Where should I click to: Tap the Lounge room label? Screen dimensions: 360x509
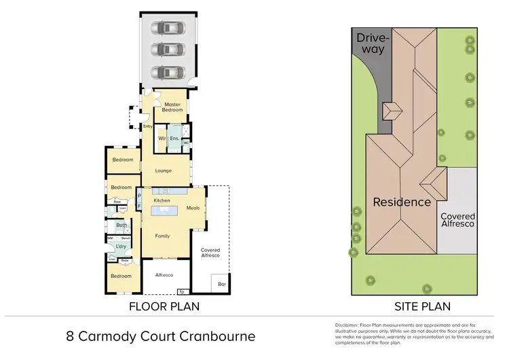click(x=162, y=170)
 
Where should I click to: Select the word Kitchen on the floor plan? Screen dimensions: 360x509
click(x=161, y=201)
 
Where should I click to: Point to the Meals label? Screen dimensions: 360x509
click(x=193, y=208)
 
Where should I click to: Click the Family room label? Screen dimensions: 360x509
click(x=162, y=236)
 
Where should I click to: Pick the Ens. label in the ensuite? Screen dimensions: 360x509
click(x=174, y=138)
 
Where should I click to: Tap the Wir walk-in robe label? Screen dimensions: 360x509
click(x=162, y=138)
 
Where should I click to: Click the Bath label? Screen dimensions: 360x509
click(x=121, y=225)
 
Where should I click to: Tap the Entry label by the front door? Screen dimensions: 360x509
click(x=147, y=126)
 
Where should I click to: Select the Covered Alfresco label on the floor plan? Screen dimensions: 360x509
click(x=210, y=253)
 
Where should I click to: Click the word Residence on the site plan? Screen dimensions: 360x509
click(x=401, y=202)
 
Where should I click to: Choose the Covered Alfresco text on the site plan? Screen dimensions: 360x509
click(x=457, y=220)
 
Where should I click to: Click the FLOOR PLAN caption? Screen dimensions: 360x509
click(x=164, y=306)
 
